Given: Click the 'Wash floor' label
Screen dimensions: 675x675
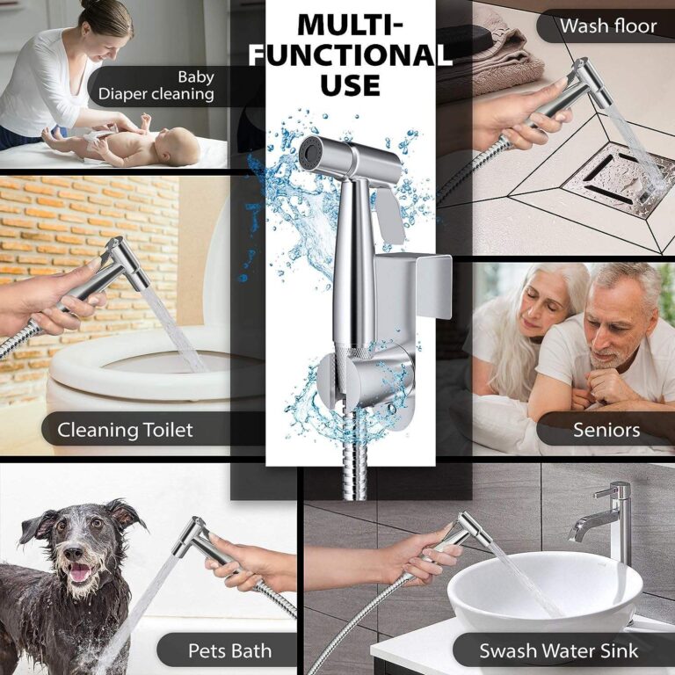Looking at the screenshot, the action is tap(608, 26).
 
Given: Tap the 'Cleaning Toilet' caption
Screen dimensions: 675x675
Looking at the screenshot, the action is tap(125, 430).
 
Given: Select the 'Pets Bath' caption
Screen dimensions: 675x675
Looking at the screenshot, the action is tap(230, 650).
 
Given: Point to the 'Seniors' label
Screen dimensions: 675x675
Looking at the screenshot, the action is tap(606, 430).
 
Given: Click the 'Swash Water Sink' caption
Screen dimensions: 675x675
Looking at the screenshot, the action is tap(559, 650).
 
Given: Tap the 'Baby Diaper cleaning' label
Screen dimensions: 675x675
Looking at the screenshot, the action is tap(156, 85).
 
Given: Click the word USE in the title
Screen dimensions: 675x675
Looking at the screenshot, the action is tap(350, 84).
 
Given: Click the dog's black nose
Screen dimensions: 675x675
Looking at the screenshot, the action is tap(74, 553).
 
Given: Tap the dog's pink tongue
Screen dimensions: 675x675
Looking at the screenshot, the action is tap(79, 573).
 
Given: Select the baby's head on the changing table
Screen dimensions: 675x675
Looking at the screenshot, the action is tap(178, 145).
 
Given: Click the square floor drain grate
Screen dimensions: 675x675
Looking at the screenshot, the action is tap(619, 180).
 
